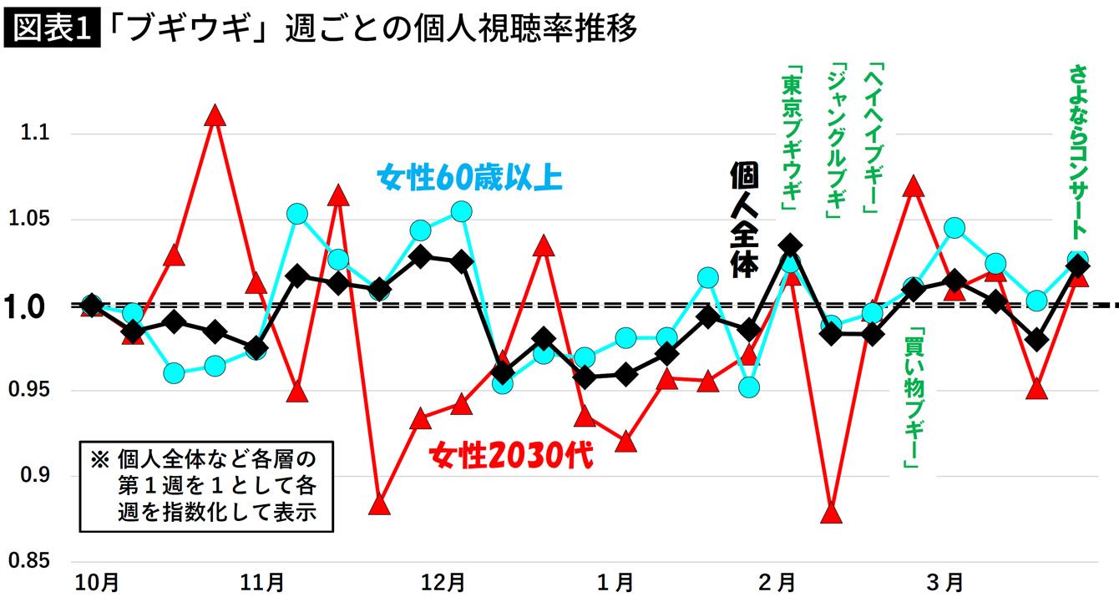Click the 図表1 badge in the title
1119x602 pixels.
pyautogui.click(x=52, y=29)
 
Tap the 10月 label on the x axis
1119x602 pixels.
pyautogui.click(x=92, y=582)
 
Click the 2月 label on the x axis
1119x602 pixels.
pyautogui.click(x=779, y=582)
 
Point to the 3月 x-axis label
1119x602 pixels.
pyautogui.click(x=947, y=582)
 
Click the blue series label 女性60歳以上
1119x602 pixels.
pyautogui.click(x=469, y=178)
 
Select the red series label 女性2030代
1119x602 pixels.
pyautogui.click(x=510, y=457)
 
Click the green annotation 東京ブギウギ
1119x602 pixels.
pyautogui.click(x=789, y=140)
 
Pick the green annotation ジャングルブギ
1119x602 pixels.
pyautogui.click(x=835, y=140)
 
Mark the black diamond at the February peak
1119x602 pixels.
pyautogui.click(x=791, y=246)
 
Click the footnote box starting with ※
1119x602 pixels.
pyautogui.click(x=205, y=486)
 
